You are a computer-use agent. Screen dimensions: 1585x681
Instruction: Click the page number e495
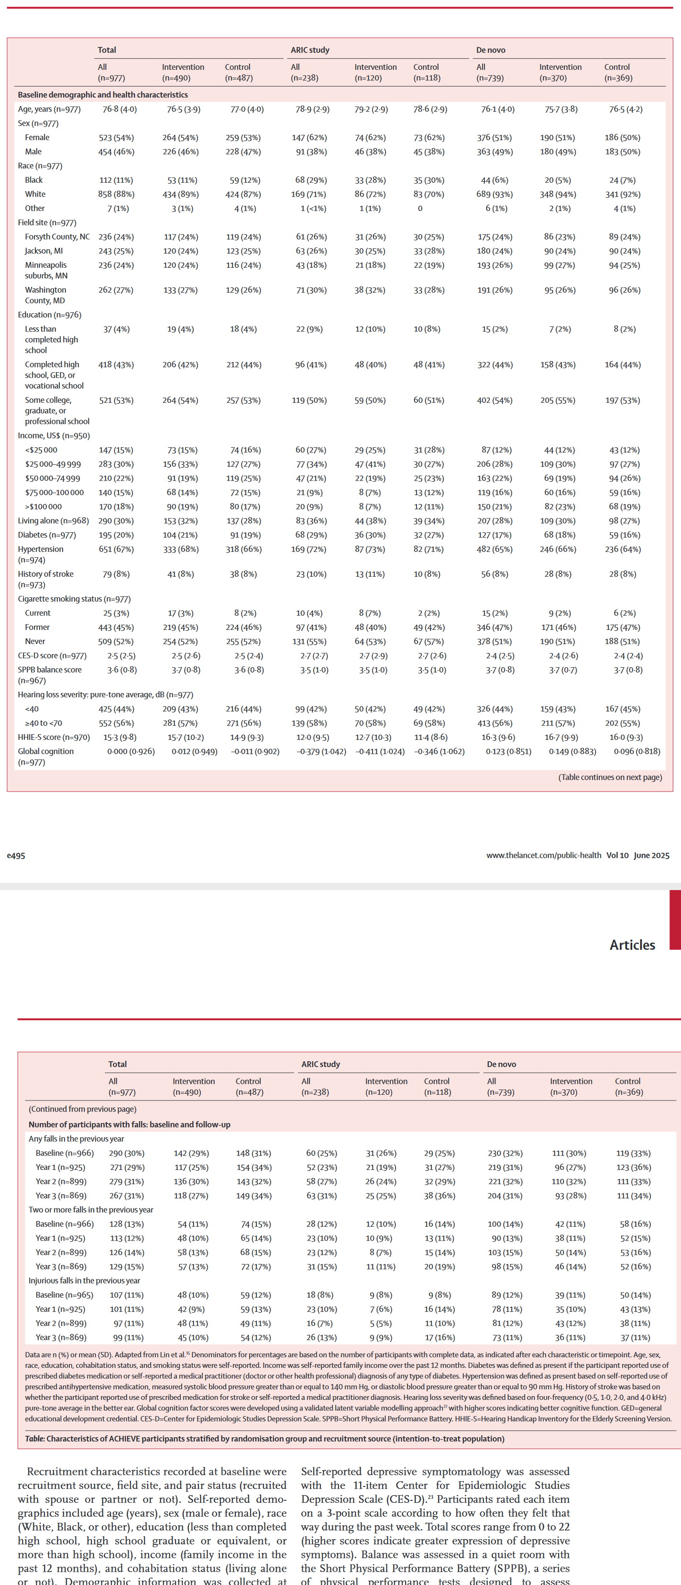click(16, 855)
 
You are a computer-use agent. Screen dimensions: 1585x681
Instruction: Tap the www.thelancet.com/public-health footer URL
click(543, 855)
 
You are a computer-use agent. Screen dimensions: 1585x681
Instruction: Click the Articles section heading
click(632, 945)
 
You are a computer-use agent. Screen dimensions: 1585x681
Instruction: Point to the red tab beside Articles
click(675, 919)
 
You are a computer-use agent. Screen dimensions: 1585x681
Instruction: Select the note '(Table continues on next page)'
click(610, 777)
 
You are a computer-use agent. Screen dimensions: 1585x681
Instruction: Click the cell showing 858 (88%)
click(116, 195)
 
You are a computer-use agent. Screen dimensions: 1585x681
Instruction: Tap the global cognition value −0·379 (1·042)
click(320, 751)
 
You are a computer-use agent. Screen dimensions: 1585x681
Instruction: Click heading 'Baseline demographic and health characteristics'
click(103, 95)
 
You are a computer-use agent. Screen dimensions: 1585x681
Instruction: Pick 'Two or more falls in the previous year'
click(90, 1210)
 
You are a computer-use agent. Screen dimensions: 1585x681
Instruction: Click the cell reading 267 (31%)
click(126, 1196)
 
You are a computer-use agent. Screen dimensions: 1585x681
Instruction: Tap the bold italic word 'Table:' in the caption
click(34, 1439)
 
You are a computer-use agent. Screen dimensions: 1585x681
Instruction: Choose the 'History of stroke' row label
click(45, 574)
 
